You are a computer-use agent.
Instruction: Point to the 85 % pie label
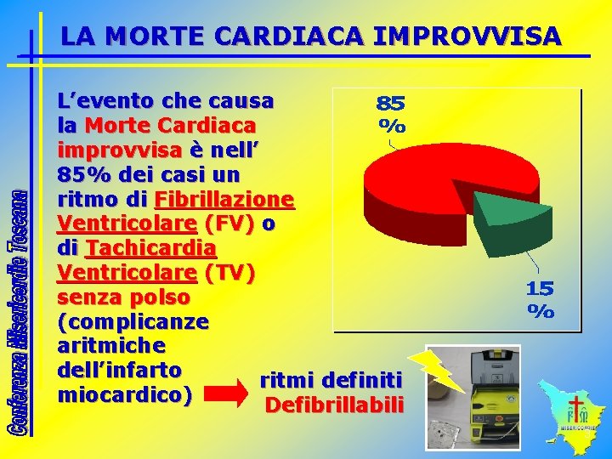coord(391,115)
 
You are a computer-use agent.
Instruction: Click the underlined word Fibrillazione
coord(224,201)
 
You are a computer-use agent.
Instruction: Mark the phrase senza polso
coord(123,298)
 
